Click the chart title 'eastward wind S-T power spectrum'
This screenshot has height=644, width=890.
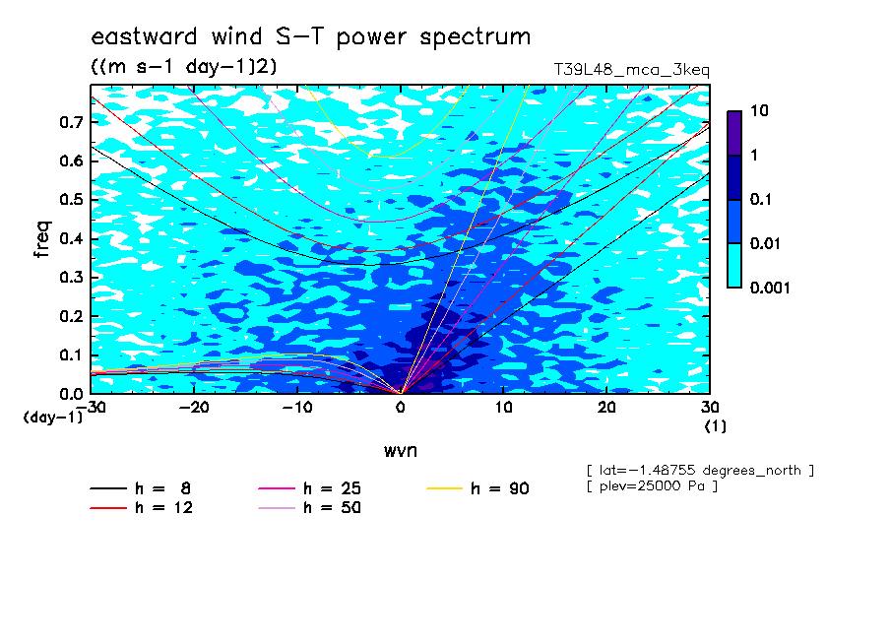point(311,37)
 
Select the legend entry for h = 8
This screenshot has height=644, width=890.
point(140,488)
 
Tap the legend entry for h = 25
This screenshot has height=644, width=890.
point(309,488)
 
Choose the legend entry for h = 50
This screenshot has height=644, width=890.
point(309,508)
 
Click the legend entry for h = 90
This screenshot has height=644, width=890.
point(477,488)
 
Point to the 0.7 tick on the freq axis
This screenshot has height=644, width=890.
point(72,122)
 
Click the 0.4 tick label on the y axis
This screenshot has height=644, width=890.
point(72,238)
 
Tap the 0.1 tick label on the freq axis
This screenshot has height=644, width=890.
point(72,354)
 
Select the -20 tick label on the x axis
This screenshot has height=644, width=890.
point(194,408)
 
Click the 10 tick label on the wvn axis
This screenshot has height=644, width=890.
point(504,408)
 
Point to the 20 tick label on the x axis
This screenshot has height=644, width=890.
point(606,408)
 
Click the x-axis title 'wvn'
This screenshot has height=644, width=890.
point(401,451)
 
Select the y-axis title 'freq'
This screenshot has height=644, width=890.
point(42,239)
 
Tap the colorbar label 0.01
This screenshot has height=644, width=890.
point(766,243)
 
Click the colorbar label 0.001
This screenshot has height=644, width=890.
point(770,288)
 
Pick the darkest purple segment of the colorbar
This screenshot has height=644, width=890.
point(734,134)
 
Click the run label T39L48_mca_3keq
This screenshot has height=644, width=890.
point(632,71)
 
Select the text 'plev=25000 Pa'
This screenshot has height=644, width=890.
point(652,486)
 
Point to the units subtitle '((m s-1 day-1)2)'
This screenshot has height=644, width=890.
point(184,66)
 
